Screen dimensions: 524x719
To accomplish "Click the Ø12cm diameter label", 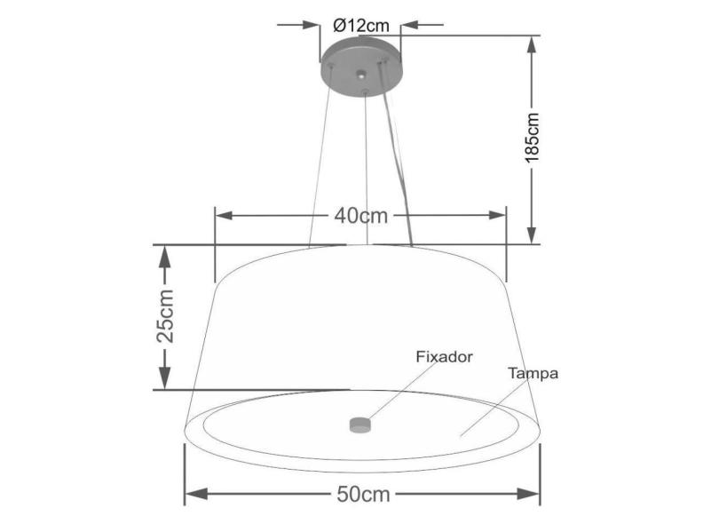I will coord(359,26).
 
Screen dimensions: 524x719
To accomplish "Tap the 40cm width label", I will coord(360,215).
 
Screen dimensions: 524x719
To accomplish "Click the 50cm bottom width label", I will coord(362,495).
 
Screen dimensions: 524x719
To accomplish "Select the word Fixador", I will coord(444,356).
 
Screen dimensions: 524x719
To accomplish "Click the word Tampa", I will coord(533,374).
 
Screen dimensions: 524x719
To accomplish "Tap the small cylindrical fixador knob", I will coord(359,425).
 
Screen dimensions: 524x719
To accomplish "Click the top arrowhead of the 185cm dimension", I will coord(533,45).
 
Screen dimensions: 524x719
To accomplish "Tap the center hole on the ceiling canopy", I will coord(360,75).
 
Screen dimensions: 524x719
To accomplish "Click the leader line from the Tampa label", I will coord(486,411).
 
